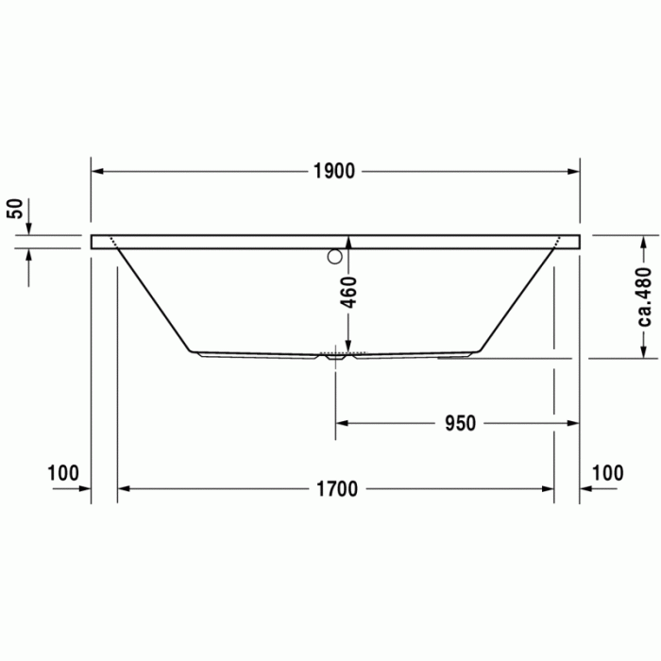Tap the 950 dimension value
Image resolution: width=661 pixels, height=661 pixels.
(x=460, y=423)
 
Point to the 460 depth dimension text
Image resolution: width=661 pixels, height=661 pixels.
(x=347, y=292)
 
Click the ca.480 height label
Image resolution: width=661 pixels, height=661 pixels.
(x=645, y=296)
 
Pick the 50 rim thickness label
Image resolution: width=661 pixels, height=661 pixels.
(x=14, y=209)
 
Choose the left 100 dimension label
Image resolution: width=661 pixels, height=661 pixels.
(x=63, y=473)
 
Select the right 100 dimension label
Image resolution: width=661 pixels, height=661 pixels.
(x=607, y=473)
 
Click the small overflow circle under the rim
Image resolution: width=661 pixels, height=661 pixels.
(x=334, y=256)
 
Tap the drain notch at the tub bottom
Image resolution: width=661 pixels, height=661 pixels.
(x=335, y=357)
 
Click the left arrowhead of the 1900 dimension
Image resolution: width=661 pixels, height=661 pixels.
(x=96, y=171)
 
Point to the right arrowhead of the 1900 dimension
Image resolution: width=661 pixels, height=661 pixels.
(x=574, y=171)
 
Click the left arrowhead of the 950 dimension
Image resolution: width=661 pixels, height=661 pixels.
(x=342, y=423)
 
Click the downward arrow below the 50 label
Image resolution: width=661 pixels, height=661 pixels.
(x=29, y=229)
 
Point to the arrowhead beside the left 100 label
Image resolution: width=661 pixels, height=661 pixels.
(x=85, y=488)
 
